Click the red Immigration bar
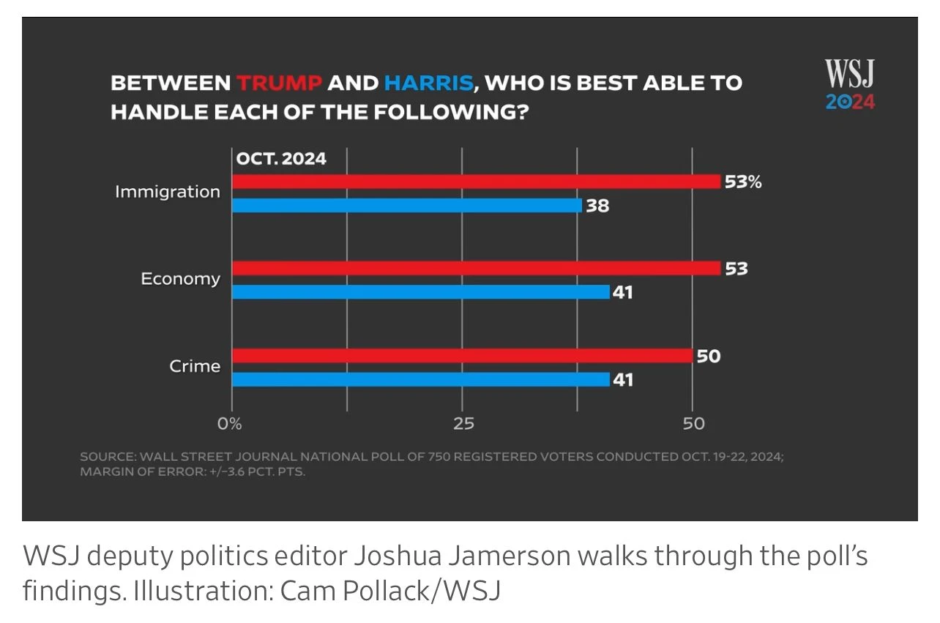(x=476, y=182)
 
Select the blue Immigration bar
(x=407, y=206)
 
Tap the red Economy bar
(x=476, y=269)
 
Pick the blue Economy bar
(x=421, y=292)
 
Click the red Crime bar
(x=462, y=356)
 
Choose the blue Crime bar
(x=421, y=379)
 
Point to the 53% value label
(x=743, y=182)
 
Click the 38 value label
(x=597, y=206)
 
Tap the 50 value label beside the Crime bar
(x=709, y=357)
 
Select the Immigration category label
(x=167, y=192)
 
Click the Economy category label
(x=180, y=279)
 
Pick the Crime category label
(x=195, y=365)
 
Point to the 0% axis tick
(x=229, y=423)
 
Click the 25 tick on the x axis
(x=463, y=423)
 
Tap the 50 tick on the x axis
(x=693, y=423)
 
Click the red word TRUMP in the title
(x=279, y=83)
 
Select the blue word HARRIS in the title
(x=428, y=83)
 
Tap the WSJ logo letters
(x=850, y=74)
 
